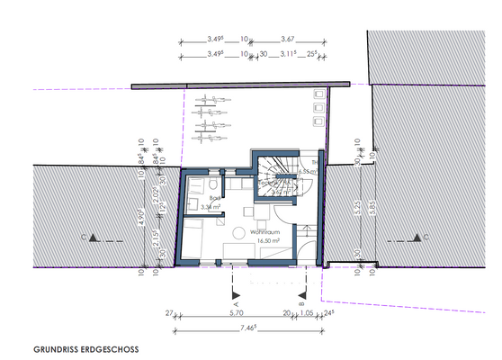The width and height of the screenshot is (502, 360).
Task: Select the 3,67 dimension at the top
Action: coord(288,40)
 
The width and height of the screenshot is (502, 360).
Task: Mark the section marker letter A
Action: coord(235,304)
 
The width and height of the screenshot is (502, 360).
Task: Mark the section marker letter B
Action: coord(304,304)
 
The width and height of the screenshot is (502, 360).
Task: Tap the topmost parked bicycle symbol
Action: coord(210,102)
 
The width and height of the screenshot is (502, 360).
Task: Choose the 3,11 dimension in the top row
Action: coord(289,55)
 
